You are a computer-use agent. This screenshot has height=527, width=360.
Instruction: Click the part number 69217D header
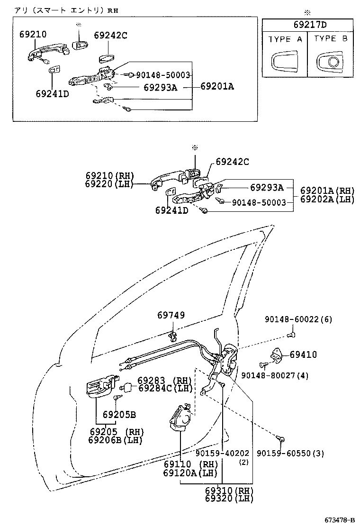(x=310, y=26)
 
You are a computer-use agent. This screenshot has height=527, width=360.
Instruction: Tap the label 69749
(x=171, y=316)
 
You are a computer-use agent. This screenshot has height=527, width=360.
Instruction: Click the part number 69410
(x=303, y=354)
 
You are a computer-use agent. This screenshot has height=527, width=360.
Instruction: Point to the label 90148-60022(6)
(x=298, y=320)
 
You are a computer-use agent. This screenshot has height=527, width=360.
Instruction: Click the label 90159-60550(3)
(x=290, y=454)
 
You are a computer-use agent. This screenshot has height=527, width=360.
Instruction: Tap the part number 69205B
(x=119, y=415)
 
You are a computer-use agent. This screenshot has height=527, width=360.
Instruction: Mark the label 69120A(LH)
(x=190, y=473)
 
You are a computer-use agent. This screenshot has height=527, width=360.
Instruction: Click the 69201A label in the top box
(x=217, y=86)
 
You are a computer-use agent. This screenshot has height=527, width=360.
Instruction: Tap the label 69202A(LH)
(x=327, y=200)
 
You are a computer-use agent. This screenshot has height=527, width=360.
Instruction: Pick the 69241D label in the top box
(x=52, y=93)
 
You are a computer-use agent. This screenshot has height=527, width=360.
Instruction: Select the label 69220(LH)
(x=109, y=184)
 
